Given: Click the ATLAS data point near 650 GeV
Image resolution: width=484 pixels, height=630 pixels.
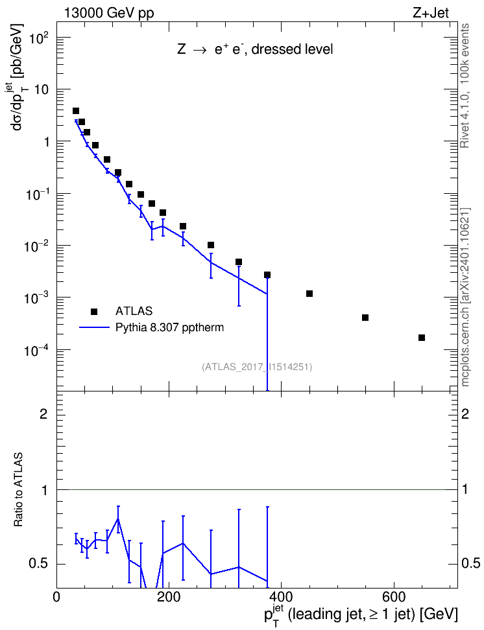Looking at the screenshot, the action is pyautogui.click(x=422, y=338).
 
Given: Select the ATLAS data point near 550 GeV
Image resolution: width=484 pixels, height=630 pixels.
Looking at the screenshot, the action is pyautogui.click(x=365, y=318).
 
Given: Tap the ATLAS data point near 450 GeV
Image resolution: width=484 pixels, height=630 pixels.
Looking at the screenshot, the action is pyautogui.click(x=309, y=294).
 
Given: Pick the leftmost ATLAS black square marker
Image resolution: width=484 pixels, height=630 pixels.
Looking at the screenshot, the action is pyautogui.click(x=76, y=111).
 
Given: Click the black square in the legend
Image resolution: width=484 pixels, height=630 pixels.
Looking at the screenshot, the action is pyautogui.click(x=94, y=311).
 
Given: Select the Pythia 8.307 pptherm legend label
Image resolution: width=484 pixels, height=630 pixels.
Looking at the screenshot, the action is pyautogui.click(x=169, y=327).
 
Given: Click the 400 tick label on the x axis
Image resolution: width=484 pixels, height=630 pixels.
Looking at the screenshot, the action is pyautogui.click(x=281, y=597).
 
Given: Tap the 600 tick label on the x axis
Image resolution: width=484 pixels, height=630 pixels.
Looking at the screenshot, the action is pyautogui.click(x=393, y=597).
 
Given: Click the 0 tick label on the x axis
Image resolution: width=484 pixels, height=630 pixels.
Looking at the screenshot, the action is pyautogui.click(x=56, y=597).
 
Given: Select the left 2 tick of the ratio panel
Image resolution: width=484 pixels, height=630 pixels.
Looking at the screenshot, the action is pyautogui.click(x=43, y=414).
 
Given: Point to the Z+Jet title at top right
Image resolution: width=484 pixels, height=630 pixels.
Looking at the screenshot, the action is pyautogui.click(x=431, y=13).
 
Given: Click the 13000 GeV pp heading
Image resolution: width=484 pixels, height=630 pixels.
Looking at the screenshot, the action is pyautogui.click(x=109, y=13).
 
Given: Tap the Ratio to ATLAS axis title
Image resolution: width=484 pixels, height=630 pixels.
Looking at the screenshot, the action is pyautogui.click(x=19, y=490).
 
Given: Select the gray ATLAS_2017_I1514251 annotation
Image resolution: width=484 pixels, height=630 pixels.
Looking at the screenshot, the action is pyautogui.click(x=257, y=367).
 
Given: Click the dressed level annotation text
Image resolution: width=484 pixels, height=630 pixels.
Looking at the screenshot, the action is pyautogui.click(x=292, y=49).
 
